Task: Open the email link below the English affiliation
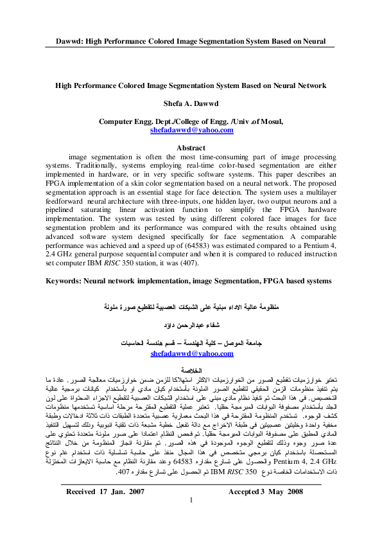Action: (x=191, y=130)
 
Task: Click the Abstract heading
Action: (x=191, y=147)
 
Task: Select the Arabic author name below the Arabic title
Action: (x=191, y=326)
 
